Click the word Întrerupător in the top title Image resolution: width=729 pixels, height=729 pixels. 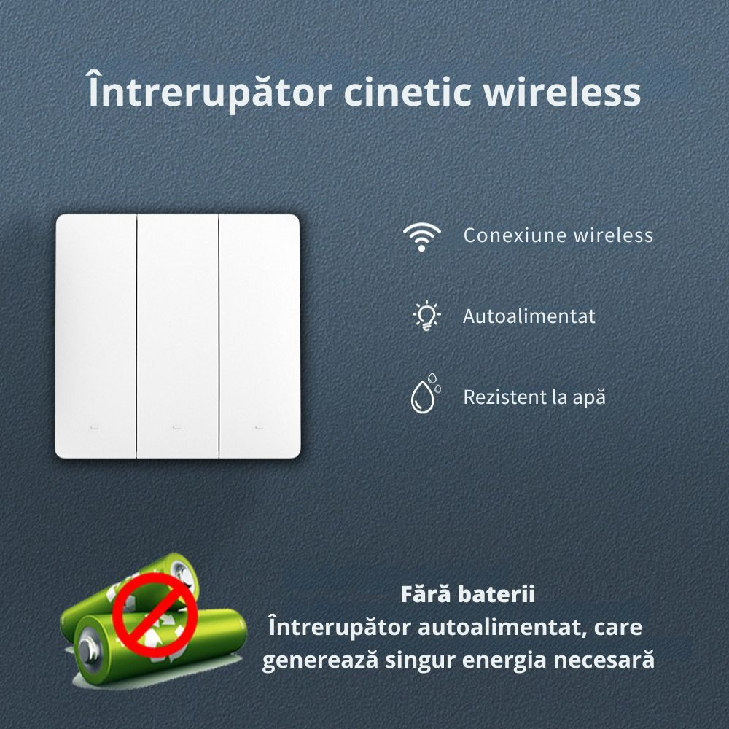[210, 91]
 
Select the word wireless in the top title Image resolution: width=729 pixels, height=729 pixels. [561, 92]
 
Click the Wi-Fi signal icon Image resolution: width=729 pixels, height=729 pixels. [421, 236]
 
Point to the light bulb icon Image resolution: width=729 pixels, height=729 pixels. [426, 316]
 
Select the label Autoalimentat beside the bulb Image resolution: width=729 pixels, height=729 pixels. [529, 316]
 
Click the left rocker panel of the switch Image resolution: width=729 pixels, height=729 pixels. [95, 336]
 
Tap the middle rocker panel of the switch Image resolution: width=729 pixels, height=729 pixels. [178, 336]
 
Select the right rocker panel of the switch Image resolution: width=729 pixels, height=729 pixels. [260, 336]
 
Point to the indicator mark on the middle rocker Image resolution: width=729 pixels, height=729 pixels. [176, 427]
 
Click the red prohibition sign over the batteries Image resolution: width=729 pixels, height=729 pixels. [155, 615]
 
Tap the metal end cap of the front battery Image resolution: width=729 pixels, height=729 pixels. [89, 650]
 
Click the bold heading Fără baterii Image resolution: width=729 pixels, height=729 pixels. [468, 594]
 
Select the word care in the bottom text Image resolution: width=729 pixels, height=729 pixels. [618, 628]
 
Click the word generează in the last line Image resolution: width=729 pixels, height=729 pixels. [320, 661]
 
